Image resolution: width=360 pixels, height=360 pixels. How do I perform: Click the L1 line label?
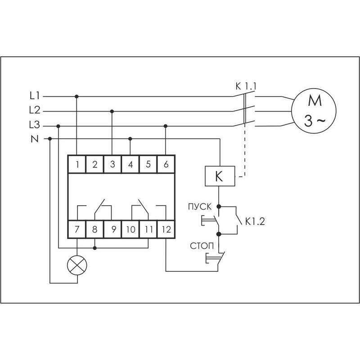pyautogui.click(x=35, y=96)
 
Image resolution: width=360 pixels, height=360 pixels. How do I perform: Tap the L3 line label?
pyautogui.click(x=35, y=126)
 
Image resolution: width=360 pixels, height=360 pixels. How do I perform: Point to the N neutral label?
pyautogui.click(x=35, y=139)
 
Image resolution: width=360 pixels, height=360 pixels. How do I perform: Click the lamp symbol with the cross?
pyautogui.click(x=77, y=265)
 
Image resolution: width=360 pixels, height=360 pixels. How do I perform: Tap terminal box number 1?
pyautogui.click(x=77, y=164)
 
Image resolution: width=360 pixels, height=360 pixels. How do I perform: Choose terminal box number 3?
pyautogui.click(x=112, y=164)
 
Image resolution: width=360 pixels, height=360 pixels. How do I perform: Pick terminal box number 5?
pyautogui.click(x=148, y=164)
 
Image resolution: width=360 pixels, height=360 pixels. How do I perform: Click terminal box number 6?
pyautogui.click(x=166, y=164)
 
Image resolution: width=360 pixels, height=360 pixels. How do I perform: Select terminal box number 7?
pyautogui.click(x=77, y=229)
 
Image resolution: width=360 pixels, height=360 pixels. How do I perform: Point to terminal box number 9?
pyautogui.click(x=112, y=229)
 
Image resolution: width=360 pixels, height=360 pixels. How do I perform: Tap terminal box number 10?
pyautogui.click(x=130, y=229)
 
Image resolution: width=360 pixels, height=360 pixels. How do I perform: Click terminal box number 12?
pyautogui.click(x=166, y=229)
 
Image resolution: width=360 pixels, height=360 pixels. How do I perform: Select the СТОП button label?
pyautogui.click(x=200, y=246)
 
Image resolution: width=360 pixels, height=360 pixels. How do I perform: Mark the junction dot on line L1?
pyautogui.click(x=77, y=96)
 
